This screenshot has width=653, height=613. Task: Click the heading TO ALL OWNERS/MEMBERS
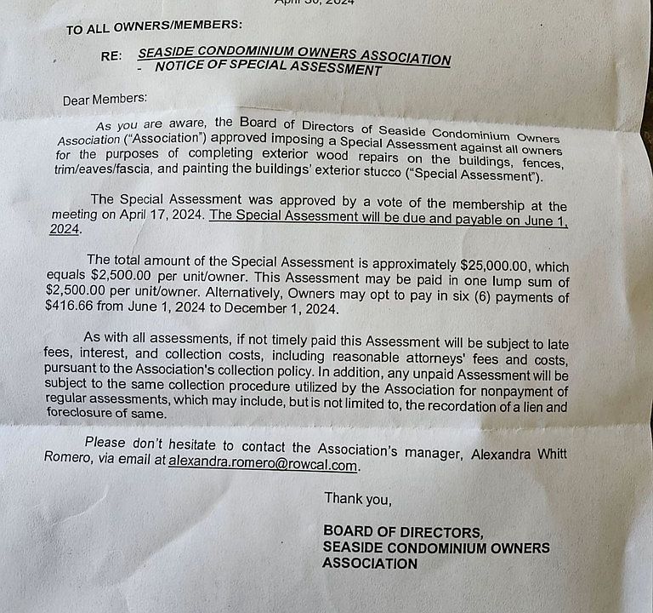pyautogui.click(x=153, y=28)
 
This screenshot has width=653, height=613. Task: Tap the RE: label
pyautogui.click(x=111, y=55)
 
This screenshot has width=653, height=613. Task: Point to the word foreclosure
pyautogui.click(x=82, y=413)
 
